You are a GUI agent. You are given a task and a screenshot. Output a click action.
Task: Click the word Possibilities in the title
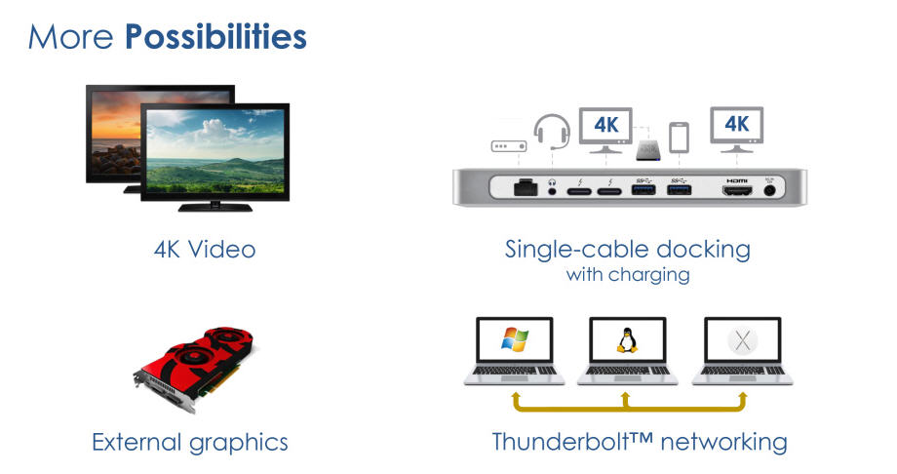[215, 37]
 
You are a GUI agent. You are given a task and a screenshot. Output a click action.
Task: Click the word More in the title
[70, 37]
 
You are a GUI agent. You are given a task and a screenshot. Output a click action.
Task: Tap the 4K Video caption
[205, 250]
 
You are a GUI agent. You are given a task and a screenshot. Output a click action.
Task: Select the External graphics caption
[190, 443]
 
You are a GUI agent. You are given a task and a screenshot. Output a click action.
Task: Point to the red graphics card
[194, 368]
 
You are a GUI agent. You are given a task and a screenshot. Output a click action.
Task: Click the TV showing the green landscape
[215, 157]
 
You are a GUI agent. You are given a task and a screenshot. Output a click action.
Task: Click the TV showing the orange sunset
[114, 132]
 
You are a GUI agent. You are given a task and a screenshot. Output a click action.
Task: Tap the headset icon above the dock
[552, 133]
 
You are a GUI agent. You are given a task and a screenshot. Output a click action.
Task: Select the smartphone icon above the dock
[679, 138]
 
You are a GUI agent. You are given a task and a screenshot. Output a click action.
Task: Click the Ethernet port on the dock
[526, 187]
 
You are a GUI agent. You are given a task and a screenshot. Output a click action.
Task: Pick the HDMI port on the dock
[737, 190]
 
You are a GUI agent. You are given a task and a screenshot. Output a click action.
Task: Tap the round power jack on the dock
[770, 190]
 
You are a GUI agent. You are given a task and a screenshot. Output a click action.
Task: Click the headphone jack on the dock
[552, 190]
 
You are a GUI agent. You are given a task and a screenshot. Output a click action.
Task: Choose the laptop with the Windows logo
[514, 351]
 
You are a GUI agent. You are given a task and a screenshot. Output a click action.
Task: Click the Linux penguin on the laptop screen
[627, 339]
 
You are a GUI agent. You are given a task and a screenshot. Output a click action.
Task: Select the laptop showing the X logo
[742, 351]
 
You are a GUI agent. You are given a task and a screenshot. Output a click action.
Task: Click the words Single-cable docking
[628, 250]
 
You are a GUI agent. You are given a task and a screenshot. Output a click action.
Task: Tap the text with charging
[628, 275]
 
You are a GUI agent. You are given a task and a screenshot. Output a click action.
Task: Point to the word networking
[723, 443]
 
